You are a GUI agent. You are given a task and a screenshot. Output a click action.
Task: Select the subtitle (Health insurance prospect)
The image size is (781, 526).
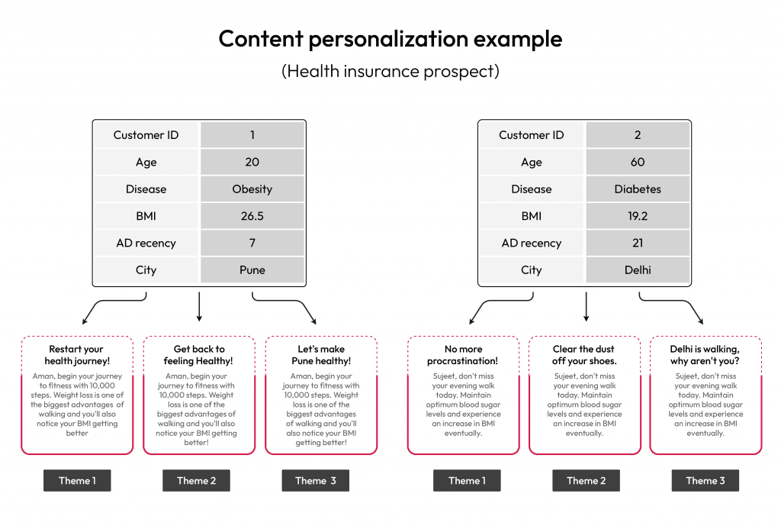(x=390, y=71)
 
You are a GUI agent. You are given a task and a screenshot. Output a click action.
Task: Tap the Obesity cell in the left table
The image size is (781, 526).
(x=252, y=189)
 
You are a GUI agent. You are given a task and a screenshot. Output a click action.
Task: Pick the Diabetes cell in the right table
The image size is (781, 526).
(x=638, y=189)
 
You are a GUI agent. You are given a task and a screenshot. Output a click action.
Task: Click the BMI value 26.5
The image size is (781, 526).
(x=252, y=216)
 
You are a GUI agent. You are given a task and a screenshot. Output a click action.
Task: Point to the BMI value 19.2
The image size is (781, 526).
(x=638, y=216)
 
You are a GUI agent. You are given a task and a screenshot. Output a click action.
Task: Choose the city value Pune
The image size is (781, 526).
(x=252, y=269)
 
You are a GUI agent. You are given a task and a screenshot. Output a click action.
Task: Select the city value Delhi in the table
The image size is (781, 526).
(x=638, y=269)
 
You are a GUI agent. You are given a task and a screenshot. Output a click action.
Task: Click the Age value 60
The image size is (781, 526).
(x=638, y=162)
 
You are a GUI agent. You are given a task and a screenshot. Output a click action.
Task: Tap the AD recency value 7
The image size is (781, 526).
(x=252, y=243)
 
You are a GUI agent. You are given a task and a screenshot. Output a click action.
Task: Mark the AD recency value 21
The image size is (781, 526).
(x=638, y=243)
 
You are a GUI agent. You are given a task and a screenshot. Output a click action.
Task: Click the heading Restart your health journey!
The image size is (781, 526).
(x=77, y=355)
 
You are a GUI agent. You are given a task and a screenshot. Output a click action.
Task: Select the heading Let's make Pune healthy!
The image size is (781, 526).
(x=321, y=355)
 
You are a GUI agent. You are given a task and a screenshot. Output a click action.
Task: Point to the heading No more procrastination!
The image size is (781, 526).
(x=463, y=355)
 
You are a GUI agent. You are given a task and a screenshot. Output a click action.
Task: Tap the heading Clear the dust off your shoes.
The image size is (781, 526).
(x=583, y=355)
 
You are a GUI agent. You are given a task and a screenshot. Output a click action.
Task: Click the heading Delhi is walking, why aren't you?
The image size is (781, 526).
(x=705, y=355)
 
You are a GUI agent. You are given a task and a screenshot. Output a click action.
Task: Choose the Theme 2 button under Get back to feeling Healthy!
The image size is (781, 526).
(x=196, y=481)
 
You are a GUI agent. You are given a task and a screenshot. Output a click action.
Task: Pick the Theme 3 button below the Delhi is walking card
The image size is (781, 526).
(x=705, y=481)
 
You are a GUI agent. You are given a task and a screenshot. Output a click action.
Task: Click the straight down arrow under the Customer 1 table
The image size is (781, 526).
(x=199, y=307)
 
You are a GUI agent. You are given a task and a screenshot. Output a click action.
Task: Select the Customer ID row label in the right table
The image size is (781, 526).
(x=532, y=135)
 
